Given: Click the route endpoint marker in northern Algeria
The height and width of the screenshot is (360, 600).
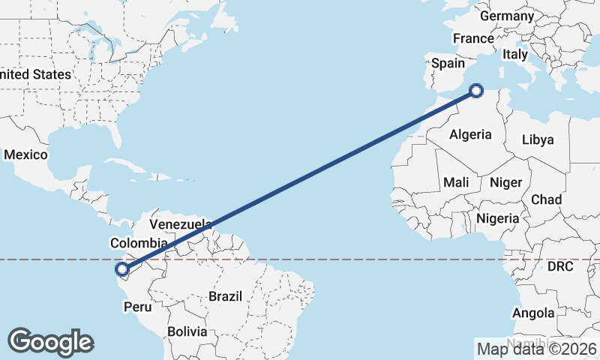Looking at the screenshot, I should coord(476,91).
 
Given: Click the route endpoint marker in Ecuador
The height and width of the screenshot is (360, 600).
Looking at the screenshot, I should coord(121,268).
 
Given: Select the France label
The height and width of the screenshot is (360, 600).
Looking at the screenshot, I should coord(473,39).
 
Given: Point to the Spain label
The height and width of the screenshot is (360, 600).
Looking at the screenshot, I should coord(447,64).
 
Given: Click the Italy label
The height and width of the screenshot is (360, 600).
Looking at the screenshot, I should coord(515,54).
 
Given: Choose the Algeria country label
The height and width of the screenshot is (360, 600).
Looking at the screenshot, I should coord(470,134).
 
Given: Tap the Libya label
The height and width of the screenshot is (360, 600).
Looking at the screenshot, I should coord(537,139).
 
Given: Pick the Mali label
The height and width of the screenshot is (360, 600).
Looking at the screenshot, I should coord(456,182).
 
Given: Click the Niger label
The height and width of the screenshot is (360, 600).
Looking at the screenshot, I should coord(505,182).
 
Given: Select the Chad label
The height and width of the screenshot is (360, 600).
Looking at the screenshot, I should coord(546,199).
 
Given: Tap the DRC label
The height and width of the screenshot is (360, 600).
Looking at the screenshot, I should coord(559,266).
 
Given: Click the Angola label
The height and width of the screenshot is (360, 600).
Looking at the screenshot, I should coord(534,313).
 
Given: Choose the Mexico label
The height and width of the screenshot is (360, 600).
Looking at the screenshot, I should coord(25,154).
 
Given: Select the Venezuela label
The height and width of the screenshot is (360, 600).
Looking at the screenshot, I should coord(181,224).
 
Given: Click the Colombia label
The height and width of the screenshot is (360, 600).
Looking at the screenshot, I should coord(138,243).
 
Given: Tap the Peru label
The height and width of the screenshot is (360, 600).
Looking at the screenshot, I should coord(138,307).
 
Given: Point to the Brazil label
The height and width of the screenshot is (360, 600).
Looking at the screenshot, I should coord(226,296).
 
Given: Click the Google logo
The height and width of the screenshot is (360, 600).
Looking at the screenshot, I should coord(50,342).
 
